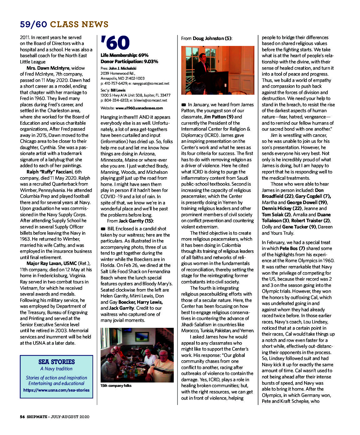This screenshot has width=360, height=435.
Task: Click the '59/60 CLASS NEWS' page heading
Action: click(x=64, y=24)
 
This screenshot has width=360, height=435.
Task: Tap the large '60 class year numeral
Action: click(x=115, y=43)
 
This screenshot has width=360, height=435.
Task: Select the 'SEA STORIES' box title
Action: click(x=57, y=362)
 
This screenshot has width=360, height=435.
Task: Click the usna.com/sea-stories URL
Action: click(x=56, y=390)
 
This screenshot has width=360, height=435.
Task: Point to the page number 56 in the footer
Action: click(x=22, y=417)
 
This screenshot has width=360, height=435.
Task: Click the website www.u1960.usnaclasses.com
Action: click(x=139, y=108)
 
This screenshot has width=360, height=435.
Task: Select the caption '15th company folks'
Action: click(x=116, y=386)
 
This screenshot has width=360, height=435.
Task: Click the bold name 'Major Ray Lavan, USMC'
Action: click(x=52, y=263)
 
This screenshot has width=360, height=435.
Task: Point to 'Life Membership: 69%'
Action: click(x=124, y=55)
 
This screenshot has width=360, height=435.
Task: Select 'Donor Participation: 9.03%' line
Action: click(x=129, y=62)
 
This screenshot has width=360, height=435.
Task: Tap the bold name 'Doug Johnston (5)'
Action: click(x=212, y=38)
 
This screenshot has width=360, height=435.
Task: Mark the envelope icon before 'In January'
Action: click(x=184, y=105)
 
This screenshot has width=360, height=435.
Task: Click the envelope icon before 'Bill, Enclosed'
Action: click(x=103, y=229)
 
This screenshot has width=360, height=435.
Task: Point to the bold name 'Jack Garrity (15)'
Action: click(x=136, y=221)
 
